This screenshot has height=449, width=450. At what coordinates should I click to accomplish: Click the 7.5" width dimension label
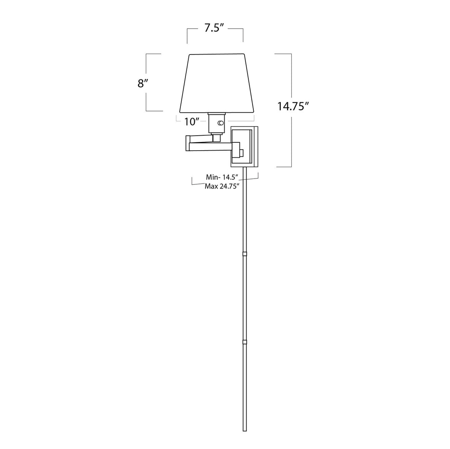tap(214, 28)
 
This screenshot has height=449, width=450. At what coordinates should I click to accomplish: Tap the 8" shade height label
tap(142, 83)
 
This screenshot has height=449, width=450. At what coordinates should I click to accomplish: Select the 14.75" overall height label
tap(293, 106)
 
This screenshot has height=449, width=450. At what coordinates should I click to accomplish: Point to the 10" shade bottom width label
tap(192, 122)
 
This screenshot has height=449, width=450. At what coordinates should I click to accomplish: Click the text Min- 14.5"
tap(222, 177)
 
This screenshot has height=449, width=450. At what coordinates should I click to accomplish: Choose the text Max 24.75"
tap(222, 186)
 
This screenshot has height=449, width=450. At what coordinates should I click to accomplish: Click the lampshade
tap(217, 83)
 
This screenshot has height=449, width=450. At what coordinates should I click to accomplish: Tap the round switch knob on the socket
tap(220, 123)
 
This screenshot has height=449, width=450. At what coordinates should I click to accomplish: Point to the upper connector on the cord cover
tap(245, 253)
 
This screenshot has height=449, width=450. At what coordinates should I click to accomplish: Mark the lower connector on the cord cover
tap(245, 342)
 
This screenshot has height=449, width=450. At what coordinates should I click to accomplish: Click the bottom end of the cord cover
tap(245, 429)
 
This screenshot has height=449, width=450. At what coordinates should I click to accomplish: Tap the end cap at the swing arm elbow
tap(188, 143)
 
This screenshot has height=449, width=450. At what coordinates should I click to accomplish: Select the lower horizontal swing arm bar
tap(210, 146)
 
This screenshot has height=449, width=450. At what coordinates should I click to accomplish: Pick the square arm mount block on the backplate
tap(236, 149)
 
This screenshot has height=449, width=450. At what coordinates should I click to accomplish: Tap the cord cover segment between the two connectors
tap(245, 298)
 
